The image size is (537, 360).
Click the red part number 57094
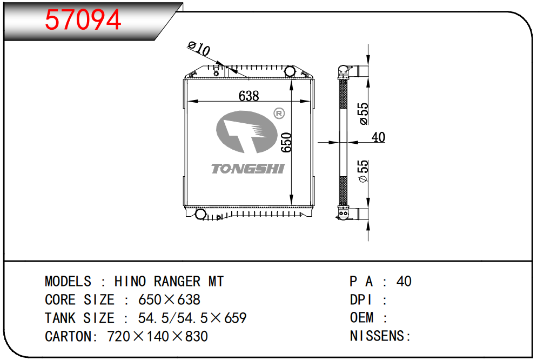[x=83, y=20]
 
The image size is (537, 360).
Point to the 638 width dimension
[x=249, y=96]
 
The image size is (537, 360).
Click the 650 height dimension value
[x=286, y=142]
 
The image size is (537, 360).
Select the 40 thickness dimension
[x=379, y=137]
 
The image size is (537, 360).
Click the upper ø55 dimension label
[x=364, y=114]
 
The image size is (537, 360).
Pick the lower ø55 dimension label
[x=364, y=171]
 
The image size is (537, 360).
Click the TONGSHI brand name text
[x=247, y=169]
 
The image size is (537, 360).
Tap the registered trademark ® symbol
[x=279, y=114]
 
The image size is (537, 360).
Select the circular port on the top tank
[x=290, y=71]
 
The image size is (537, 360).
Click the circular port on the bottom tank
[x=200, y=214]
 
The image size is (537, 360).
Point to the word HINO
[x=130, y=282]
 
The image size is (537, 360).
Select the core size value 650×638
[x=169, y=300]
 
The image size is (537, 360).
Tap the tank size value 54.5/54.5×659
[x=192, y=318]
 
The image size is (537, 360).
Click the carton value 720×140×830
[x=157, y=336]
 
